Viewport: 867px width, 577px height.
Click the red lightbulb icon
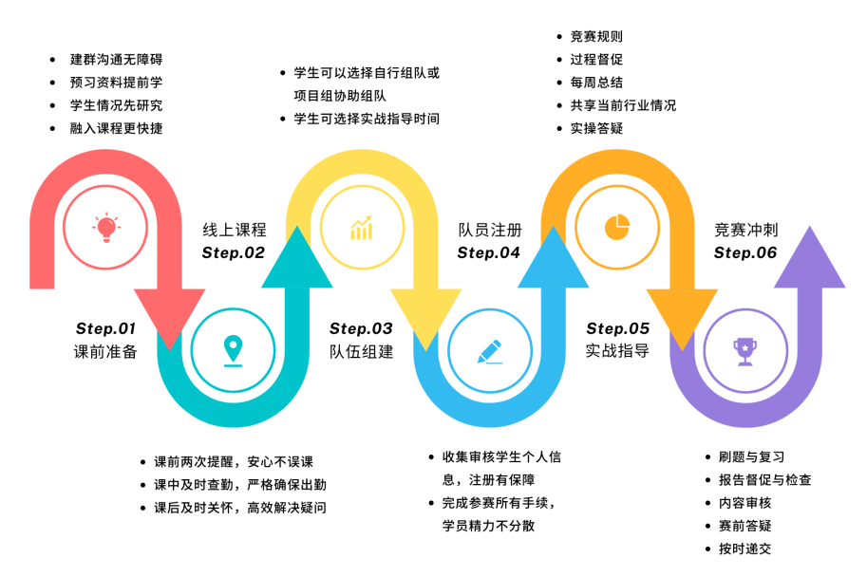[x=105, y=227]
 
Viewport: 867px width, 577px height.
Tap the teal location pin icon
[x=233, y=350]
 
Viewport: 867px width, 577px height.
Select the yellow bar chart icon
[x=362, y=227]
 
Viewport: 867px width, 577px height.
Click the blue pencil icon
[x=490, y=351]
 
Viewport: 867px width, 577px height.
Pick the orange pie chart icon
[x=617, y=227]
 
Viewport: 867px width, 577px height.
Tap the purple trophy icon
[x=745, y=351]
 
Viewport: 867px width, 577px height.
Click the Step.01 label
[x=105, y=328]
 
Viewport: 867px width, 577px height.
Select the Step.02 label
[x=234, y=252]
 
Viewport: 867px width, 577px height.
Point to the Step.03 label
[x=361, y=328]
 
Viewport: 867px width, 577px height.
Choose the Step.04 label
[x=489, y=252]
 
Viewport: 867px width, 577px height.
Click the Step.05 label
[x=617, y=328]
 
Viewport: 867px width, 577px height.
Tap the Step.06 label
[x=745, y=252]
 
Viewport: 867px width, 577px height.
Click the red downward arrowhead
[x=169, y=319]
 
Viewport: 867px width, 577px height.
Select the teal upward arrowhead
[x=297, y=257]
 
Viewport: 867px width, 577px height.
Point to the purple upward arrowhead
[x=809, y=257]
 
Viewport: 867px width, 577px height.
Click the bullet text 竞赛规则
[x=596, y=36]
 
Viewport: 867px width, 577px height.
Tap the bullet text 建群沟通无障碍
[x=116, y=59]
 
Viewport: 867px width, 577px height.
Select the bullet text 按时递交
[x=744, y=549]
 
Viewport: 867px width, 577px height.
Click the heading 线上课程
[x=235, y=230]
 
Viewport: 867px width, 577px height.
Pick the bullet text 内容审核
[x=744, y=503]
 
